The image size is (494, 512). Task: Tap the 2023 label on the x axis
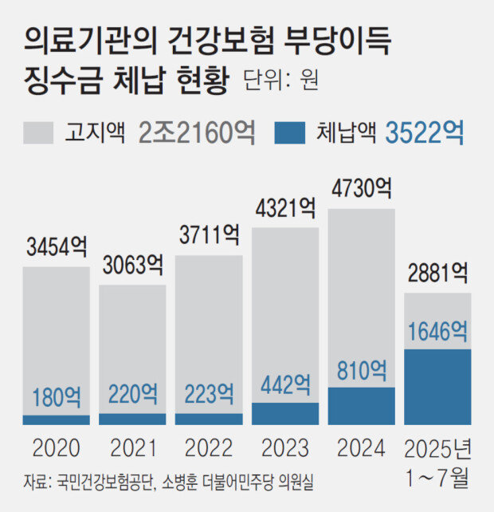pyautogui.click(x=284, y=446)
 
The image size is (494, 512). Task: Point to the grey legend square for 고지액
pyautogui.click(x=38, y=132)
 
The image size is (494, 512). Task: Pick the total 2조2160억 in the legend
pyautogui.click(x=196, y=132)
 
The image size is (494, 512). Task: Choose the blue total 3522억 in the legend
pyautogui.click(x=425, y=132)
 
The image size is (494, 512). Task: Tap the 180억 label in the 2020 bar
pyautogui.click(x=56, y=396)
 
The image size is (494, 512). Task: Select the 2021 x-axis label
pyautogui.click(x=131, y=446)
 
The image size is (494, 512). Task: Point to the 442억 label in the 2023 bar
pyautogui.click(x=284, y=385)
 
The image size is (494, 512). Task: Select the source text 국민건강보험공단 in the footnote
pyautogui.click(x=103, y=482)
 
